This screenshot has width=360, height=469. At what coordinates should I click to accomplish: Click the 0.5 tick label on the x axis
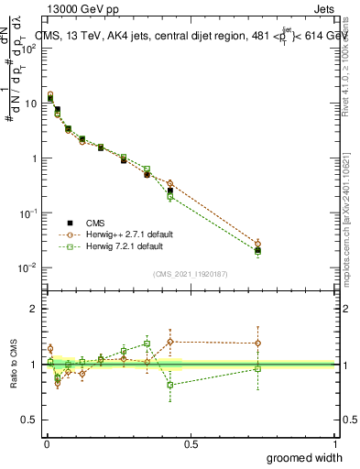191,443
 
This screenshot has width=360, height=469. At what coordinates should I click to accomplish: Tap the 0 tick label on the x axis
48,443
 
